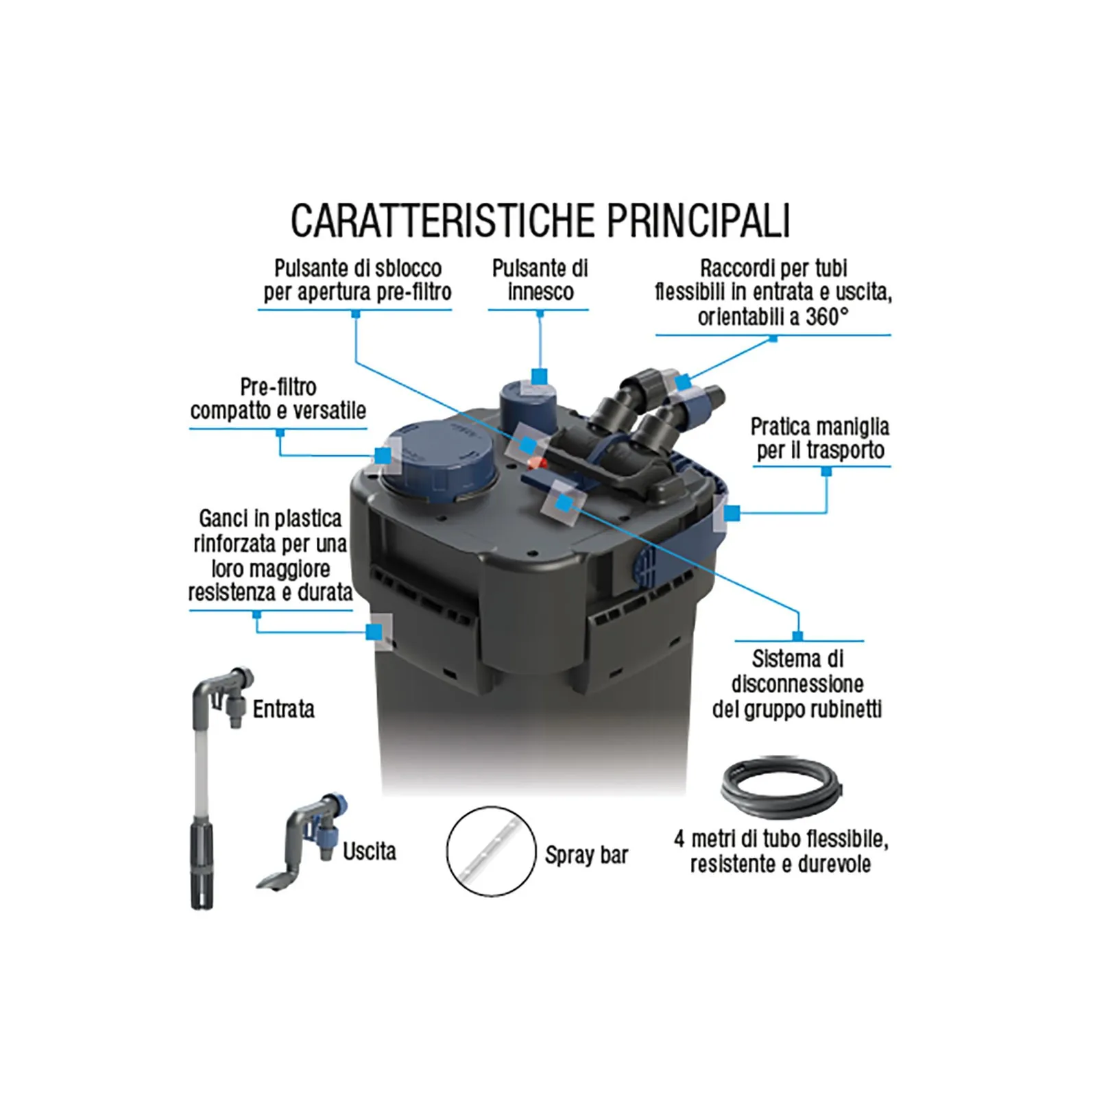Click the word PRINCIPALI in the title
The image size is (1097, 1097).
pyautogui.click(x=699, y=220)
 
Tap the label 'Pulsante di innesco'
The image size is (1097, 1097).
pyautogui.click(x=540, y=280)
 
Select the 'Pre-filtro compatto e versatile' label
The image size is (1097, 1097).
pyautogui.click(x=278, y=399)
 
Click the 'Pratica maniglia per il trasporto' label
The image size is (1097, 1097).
pyautogui.click(x=820, y=439)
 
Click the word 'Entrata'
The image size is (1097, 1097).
pyautogui.click(x=284, y=709)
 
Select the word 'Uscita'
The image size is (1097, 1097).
pyautogui.click(x=370, y=852)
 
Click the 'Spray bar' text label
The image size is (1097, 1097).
pyautogui.click(x=587, y=856)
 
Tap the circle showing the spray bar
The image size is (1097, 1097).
pyautogui.click(x=491, y=851)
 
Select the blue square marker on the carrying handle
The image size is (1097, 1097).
pyautogui.click(x=732, y=512)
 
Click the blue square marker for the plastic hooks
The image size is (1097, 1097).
pyautogui.click(x=374, y=631)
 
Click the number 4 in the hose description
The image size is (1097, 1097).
pyautogui.click(x=679, y=839)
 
